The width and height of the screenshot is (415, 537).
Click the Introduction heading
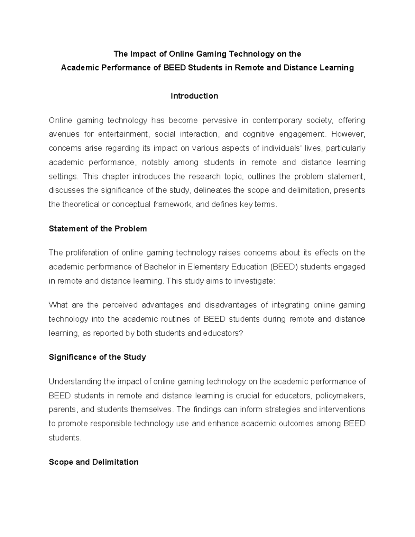tap(194, 96)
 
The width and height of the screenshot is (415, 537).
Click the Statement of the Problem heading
tap(98, 229)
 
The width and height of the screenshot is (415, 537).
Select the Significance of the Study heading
tap(97, 357)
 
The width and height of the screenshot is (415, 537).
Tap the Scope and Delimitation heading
tap(93, 462)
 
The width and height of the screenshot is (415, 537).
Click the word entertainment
tap(123, 134)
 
